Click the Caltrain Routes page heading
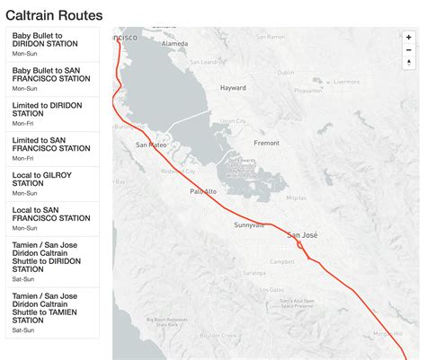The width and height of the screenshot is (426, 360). click(x=54, y=15)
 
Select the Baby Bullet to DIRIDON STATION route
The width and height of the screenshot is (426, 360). click(x=51, y=43)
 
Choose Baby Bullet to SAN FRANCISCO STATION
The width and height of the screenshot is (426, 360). click(x=51, y=78)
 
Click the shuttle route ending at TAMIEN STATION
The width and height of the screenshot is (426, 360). click(x=51, y=313)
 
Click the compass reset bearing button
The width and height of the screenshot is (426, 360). click(x=409, y=62)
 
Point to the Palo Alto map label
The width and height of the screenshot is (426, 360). click(x=203, y=191)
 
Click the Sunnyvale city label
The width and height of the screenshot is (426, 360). click(x=249, y=224)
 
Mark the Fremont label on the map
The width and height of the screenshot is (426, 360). click(x=267, y=143)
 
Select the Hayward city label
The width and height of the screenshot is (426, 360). click(x=234, y=88)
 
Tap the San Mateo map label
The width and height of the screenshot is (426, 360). click(x=151, y=144)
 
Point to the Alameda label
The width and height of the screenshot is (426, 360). click(x=173, y=42)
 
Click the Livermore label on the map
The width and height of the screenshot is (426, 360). click(x=346, y=82)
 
